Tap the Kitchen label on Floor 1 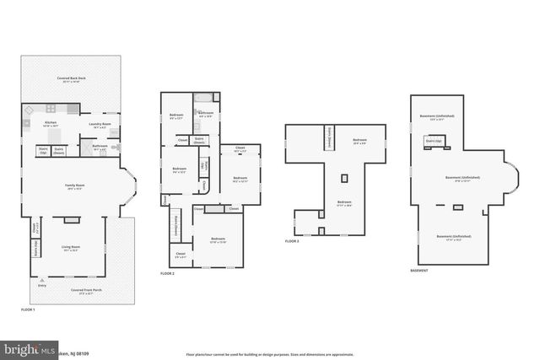[50, 124]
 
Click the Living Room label [70, 249]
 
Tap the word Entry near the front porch [42, 286]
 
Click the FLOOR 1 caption [28, 310]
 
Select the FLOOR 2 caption [167, 274]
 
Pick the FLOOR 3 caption [292, 241]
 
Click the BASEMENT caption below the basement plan [419, 271]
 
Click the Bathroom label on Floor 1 [100, 147]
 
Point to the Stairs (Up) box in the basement [433, 141]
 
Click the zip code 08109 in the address [83, 353]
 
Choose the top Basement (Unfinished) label [436, 117]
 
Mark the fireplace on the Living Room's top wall [72, 220]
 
